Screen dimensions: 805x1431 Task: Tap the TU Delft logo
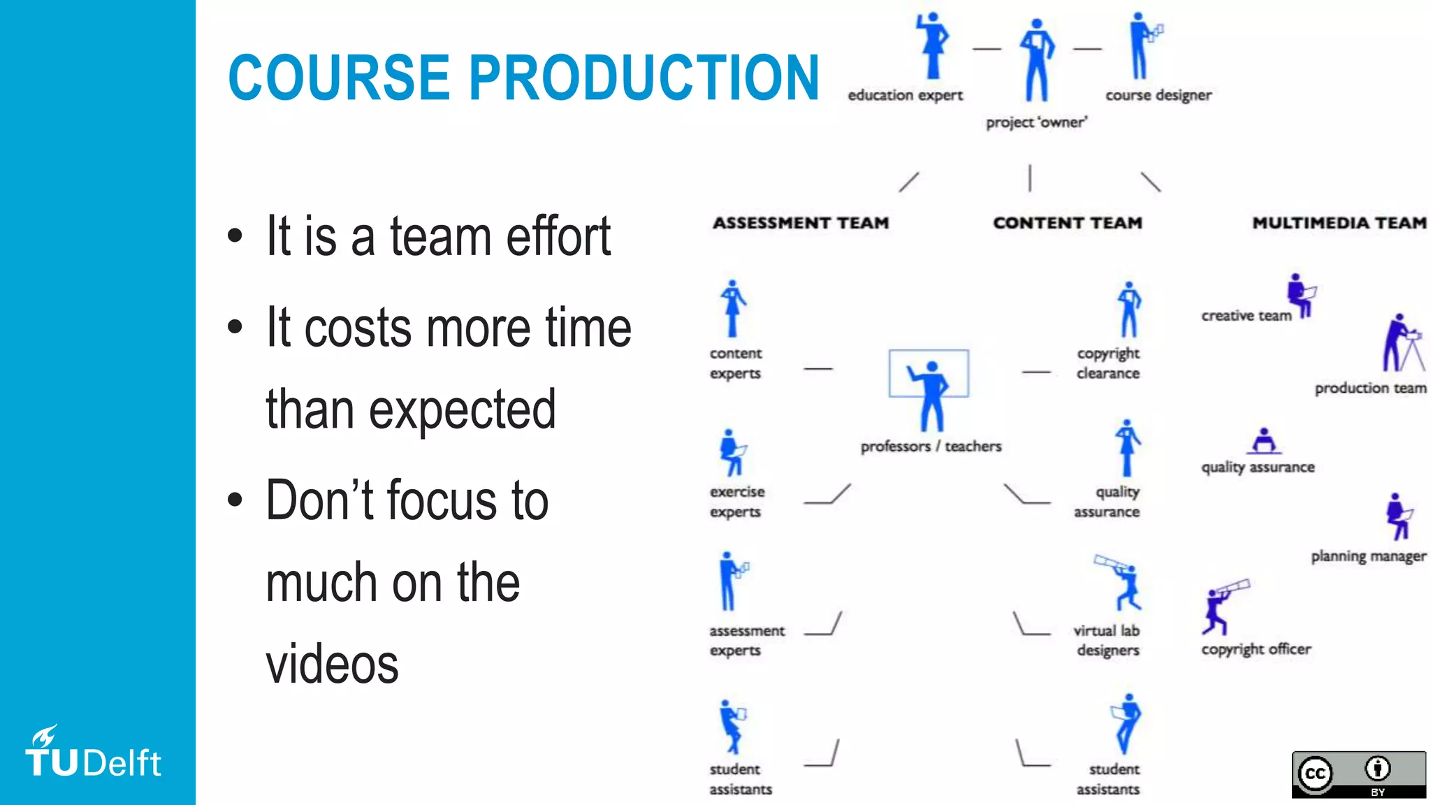93,754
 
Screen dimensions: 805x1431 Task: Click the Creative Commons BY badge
1358,774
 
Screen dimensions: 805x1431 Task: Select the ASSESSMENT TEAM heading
801,223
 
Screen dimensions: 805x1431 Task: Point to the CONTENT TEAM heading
1068,223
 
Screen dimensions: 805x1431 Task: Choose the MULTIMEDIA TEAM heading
1339,223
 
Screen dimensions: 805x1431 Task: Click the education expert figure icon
933,46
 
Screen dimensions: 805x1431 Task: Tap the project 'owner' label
1036,123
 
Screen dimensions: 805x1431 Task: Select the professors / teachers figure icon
929,395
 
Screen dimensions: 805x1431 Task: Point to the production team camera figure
1402,344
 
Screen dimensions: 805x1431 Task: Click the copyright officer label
1256,649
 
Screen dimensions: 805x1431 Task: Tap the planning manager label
1368,556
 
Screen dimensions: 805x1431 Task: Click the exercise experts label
736,502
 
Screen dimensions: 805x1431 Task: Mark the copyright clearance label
1108,363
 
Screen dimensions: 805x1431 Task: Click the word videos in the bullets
332,664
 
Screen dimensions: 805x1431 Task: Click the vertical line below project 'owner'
1029,178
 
